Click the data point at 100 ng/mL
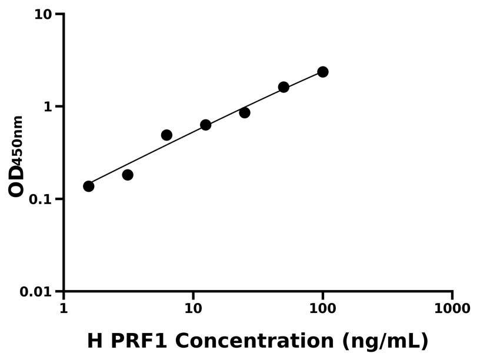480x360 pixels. coord(322,72)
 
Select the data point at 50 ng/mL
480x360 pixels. coord(284,87)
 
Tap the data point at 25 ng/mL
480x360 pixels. coord(245,112)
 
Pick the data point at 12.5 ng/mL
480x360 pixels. coord(205,125)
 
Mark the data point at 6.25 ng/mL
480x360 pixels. coord(166,135)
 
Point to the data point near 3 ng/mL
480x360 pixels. coord(128,175)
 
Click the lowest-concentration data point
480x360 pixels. coord(89,186)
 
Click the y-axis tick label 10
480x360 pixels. coord(42,14)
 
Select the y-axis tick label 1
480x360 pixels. coord(49,106)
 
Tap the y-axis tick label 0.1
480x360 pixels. coord(41,199)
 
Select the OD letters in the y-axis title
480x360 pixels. coord(16,180)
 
